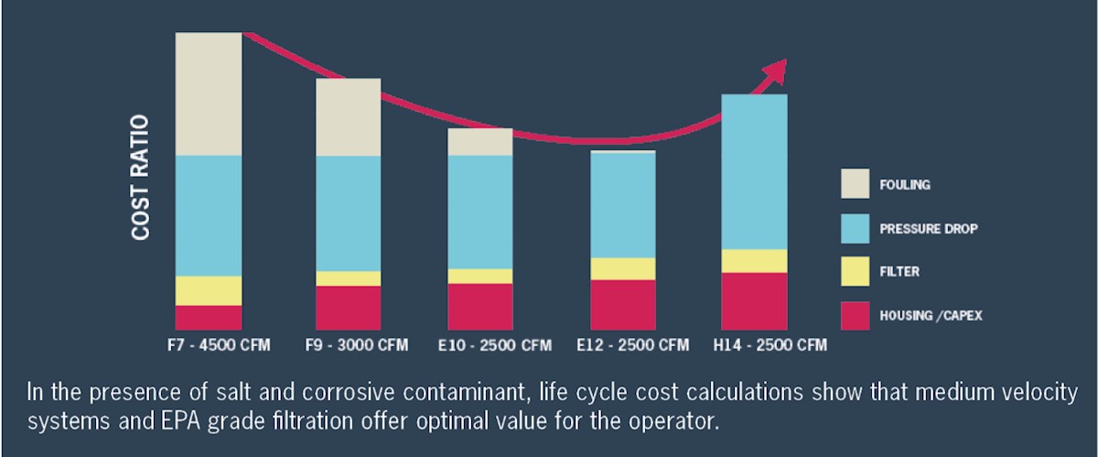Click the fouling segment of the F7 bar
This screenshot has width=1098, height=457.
(x=209, y=93)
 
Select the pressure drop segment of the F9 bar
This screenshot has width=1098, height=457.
(x=349, y=212)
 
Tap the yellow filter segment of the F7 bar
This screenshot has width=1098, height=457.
(x=209, y=290)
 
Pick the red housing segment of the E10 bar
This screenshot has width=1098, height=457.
(x=480, y=306)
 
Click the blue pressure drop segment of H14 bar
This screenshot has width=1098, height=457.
(x=754, y=171)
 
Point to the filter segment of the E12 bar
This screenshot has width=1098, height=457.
(x=623, y=268)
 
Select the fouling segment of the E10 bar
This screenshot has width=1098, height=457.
(x=480, y=142)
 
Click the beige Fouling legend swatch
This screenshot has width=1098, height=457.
(x=856, y=183)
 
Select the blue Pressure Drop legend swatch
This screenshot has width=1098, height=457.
(x=856, y=227)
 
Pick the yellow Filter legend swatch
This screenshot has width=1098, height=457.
(x=856, y=271)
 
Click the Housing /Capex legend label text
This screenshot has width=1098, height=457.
(x=930, y=315)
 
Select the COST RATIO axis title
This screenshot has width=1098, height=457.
(x=141, y=179)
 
